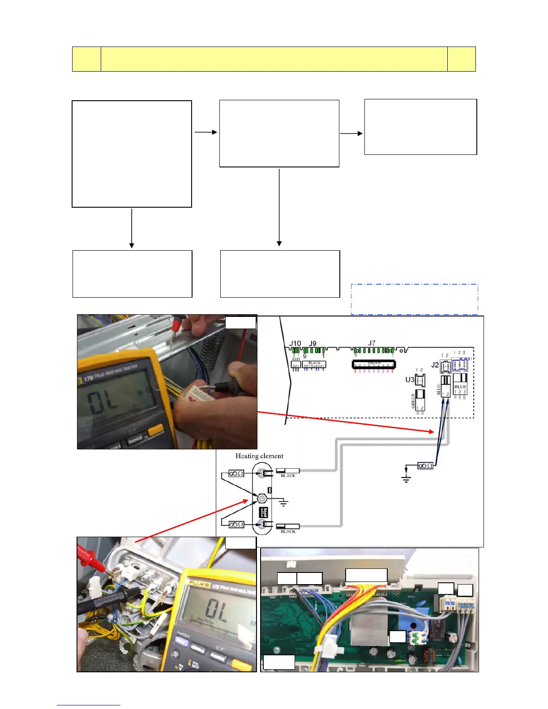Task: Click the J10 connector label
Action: [x=295, y=344]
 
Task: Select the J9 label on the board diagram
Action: [x=313, y=344]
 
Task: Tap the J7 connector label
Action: [x=372, y=343]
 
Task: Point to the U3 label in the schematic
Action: [x=409, y=380]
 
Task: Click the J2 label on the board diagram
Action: [x=435, y=365]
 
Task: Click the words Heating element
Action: [x=259, y=456]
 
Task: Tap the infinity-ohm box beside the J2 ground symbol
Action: [x=425, y=466]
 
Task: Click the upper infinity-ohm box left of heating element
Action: [x=236, y=473]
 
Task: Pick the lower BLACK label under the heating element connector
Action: [x=288, y=531]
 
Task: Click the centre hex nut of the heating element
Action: [x=262, y=498]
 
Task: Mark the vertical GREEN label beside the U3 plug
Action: [x=413, y=401]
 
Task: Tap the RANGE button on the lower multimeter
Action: [x=218, y=657]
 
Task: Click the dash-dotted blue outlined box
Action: [x=414, y=299]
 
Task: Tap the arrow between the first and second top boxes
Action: [x=205, y=132]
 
